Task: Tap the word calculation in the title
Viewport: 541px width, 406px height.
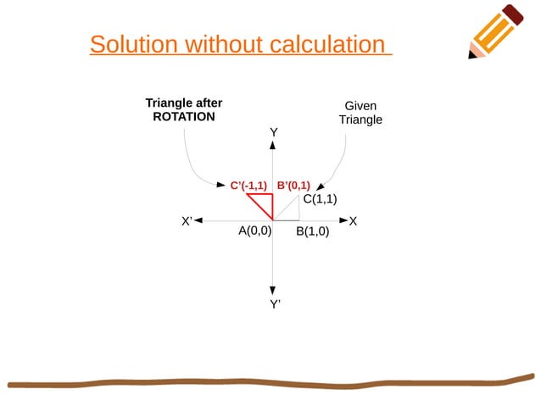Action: tap(326, 44)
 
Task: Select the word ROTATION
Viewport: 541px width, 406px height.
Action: tap(183, 117)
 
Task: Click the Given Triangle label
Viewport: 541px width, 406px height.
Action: tap(360, 113)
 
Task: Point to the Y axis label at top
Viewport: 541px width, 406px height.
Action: tap(274, 133)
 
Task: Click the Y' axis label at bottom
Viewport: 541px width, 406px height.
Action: tap(275, 304)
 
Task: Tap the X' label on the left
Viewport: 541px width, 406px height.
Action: tap(187, 221)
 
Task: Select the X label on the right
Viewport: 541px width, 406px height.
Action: tap(353, 221)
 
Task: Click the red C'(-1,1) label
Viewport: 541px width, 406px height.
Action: tap(248, 185)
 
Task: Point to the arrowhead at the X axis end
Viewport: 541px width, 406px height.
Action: tap(343, 221)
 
